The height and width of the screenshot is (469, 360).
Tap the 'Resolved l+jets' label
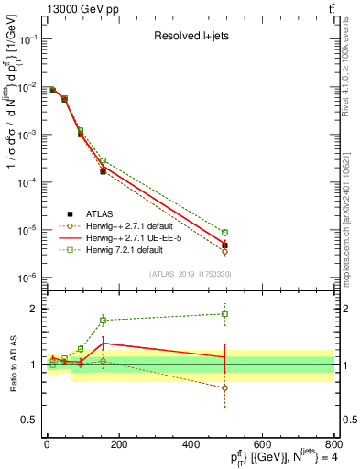190,38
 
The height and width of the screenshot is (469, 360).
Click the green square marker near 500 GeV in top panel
225,233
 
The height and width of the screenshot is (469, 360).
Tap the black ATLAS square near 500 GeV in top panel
225,245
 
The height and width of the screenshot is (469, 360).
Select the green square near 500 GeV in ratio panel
225,314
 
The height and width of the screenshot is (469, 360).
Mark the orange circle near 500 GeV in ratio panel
225,387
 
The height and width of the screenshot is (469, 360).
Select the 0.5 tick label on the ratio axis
31,420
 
